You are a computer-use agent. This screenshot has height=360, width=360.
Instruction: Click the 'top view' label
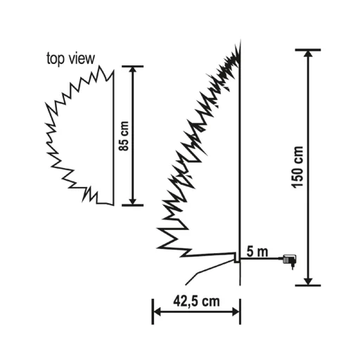71,58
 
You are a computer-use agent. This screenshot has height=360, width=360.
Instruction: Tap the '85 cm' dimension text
124,136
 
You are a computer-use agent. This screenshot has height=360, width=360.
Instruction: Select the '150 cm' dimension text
298,167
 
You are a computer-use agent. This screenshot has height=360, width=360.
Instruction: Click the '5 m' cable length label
256,251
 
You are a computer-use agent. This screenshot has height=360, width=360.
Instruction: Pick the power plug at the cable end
289,261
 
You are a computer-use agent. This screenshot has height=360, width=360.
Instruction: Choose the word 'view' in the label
80,58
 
